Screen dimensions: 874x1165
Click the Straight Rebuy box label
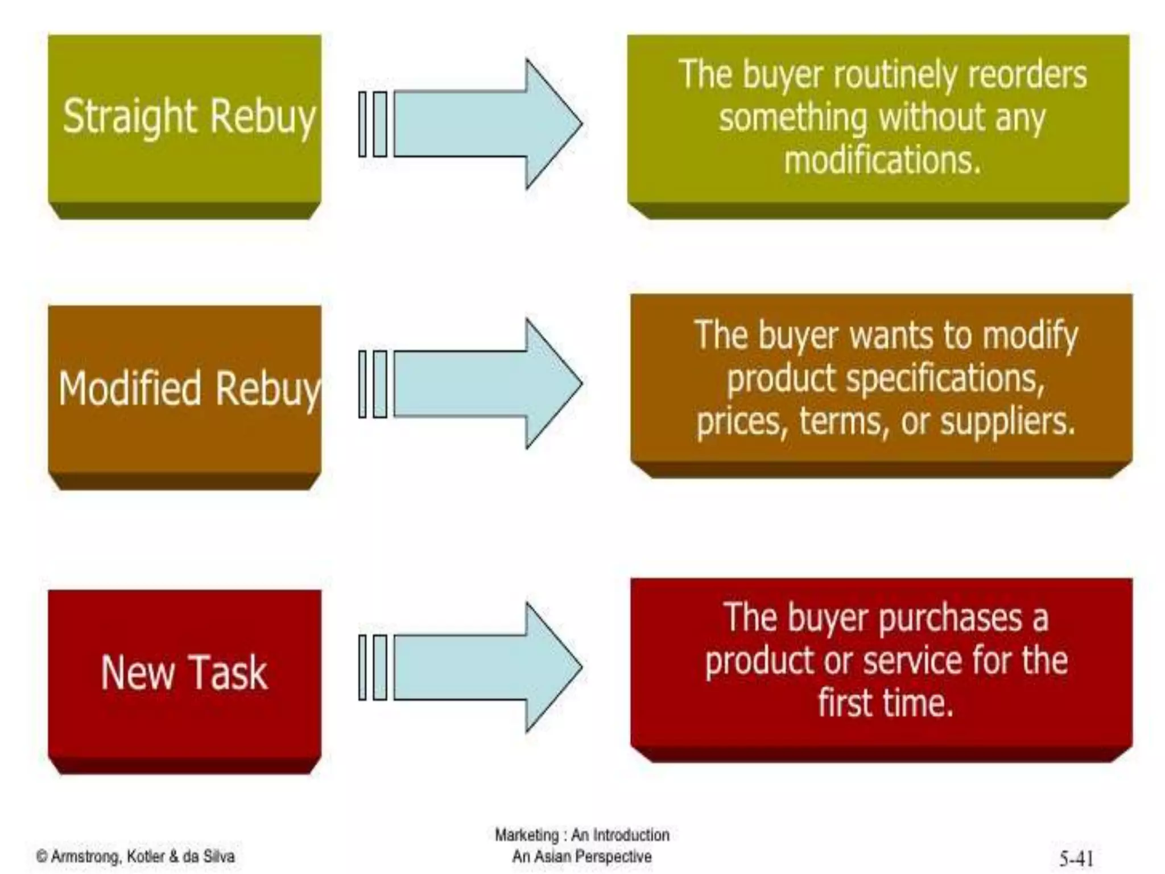[188, 117]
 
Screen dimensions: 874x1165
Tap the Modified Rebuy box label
[189, 389]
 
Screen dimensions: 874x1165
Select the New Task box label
[184, 673]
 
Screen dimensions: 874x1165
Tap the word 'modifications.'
[882, 160]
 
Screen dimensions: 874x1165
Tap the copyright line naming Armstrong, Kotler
[135, 856]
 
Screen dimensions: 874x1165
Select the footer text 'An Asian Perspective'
[581, 856]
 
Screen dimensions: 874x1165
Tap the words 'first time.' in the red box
[885, 704]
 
